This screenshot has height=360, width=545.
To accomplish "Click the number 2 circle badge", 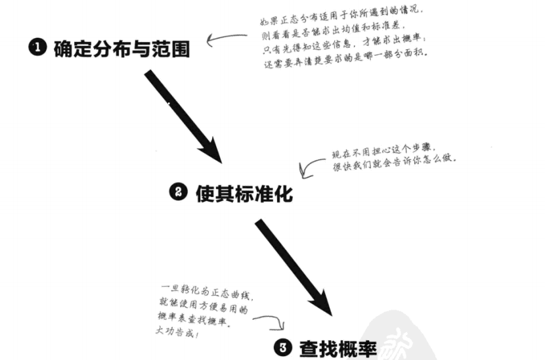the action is click(179, 193).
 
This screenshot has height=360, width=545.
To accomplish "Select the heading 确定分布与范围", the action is click(121, 48).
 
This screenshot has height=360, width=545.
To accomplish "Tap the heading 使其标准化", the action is click(243, 194).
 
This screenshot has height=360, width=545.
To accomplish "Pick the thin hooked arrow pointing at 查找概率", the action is click(269, 321).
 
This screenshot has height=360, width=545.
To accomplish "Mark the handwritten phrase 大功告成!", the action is click(179, 335).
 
